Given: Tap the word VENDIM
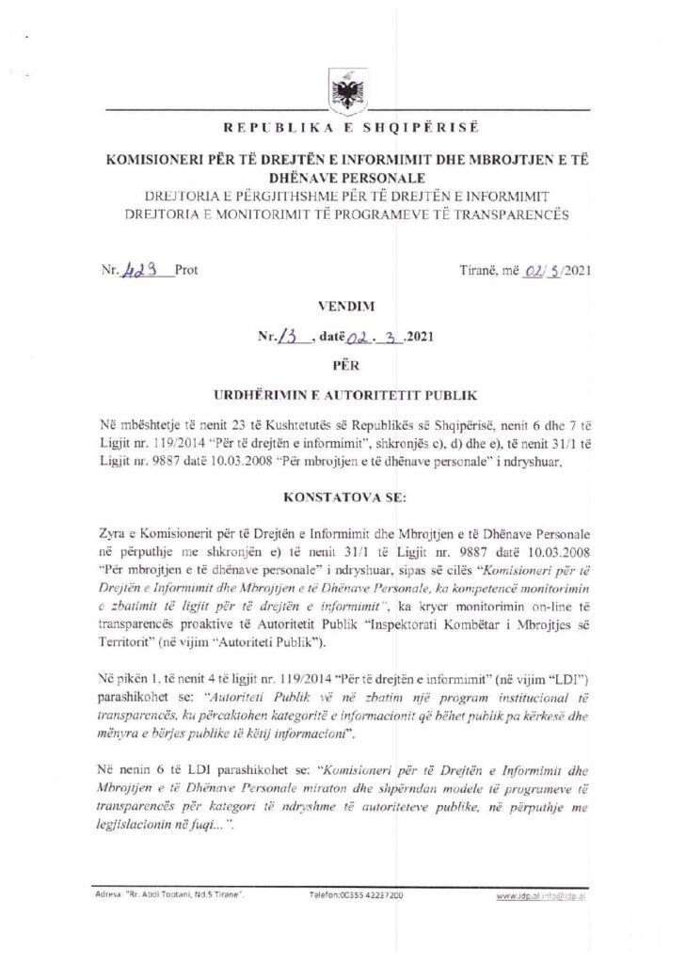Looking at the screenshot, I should tap(343, 306).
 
